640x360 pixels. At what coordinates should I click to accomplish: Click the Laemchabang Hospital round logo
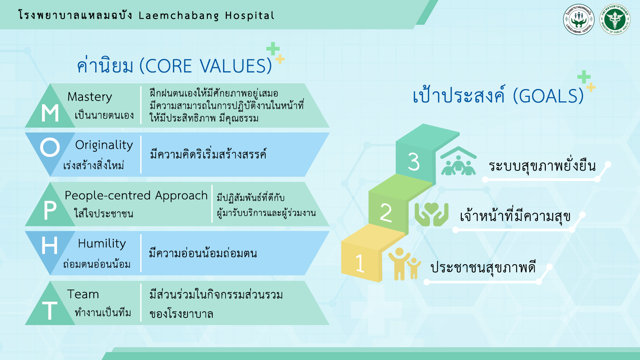pos(578,19)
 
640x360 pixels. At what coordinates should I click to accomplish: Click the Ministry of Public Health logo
pos(615,19)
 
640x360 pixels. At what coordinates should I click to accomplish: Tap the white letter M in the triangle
pos(50,113)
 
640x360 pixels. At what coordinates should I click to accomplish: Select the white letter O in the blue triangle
pos(50,147)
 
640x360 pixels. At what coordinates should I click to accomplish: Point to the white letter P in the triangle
pos(50,211)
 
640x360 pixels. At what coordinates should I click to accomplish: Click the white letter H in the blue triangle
pos(50,246)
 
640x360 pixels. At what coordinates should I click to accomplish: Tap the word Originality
pos(104,145)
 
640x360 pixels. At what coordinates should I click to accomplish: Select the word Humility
pos(102,244)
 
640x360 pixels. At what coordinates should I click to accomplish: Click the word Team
pos(83,294)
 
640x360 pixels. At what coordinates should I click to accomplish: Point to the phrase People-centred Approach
pos(136,196)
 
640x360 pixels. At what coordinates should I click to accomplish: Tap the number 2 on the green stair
pos(386,213)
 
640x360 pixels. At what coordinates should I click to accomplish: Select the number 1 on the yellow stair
pos(360,263)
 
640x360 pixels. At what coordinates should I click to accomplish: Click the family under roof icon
pos(458,161)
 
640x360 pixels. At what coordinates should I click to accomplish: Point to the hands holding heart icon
pos(431,214)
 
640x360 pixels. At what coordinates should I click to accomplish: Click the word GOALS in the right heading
pos(548,96)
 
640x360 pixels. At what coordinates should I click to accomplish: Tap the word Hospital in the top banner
pos(250,15)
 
